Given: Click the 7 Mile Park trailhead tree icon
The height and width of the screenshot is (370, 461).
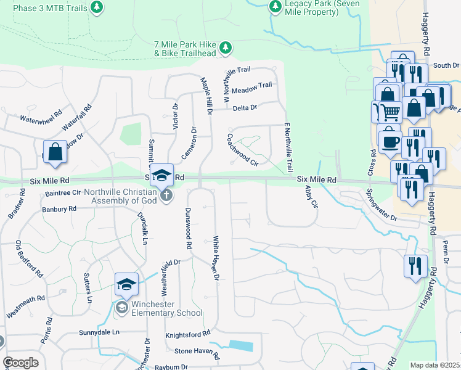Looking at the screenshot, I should pos(226,47).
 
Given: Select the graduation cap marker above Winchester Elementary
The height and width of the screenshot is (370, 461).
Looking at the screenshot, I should pos(126,285).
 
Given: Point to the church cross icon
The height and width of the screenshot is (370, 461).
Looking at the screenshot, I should pos(166,195).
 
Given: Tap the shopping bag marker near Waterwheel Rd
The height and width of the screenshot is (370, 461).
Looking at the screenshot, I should pos(55,152).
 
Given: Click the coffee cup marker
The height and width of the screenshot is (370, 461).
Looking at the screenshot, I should pos(390,142).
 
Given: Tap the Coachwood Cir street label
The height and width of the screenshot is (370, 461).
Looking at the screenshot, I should pos(242,150).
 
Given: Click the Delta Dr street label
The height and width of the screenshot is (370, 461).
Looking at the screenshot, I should pos(245,108).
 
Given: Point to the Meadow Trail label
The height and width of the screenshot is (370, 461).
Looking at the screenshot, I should pos(256,85).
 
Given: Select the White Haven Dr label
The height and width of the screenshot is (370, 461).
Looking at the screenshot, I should pos(216,258).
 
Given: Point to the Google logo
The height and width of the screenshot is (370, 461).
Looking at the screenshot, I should pos(20,363).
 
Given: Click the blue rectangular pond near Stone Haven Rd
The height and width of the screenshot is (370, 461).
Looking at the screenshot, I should pos(240,346).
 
